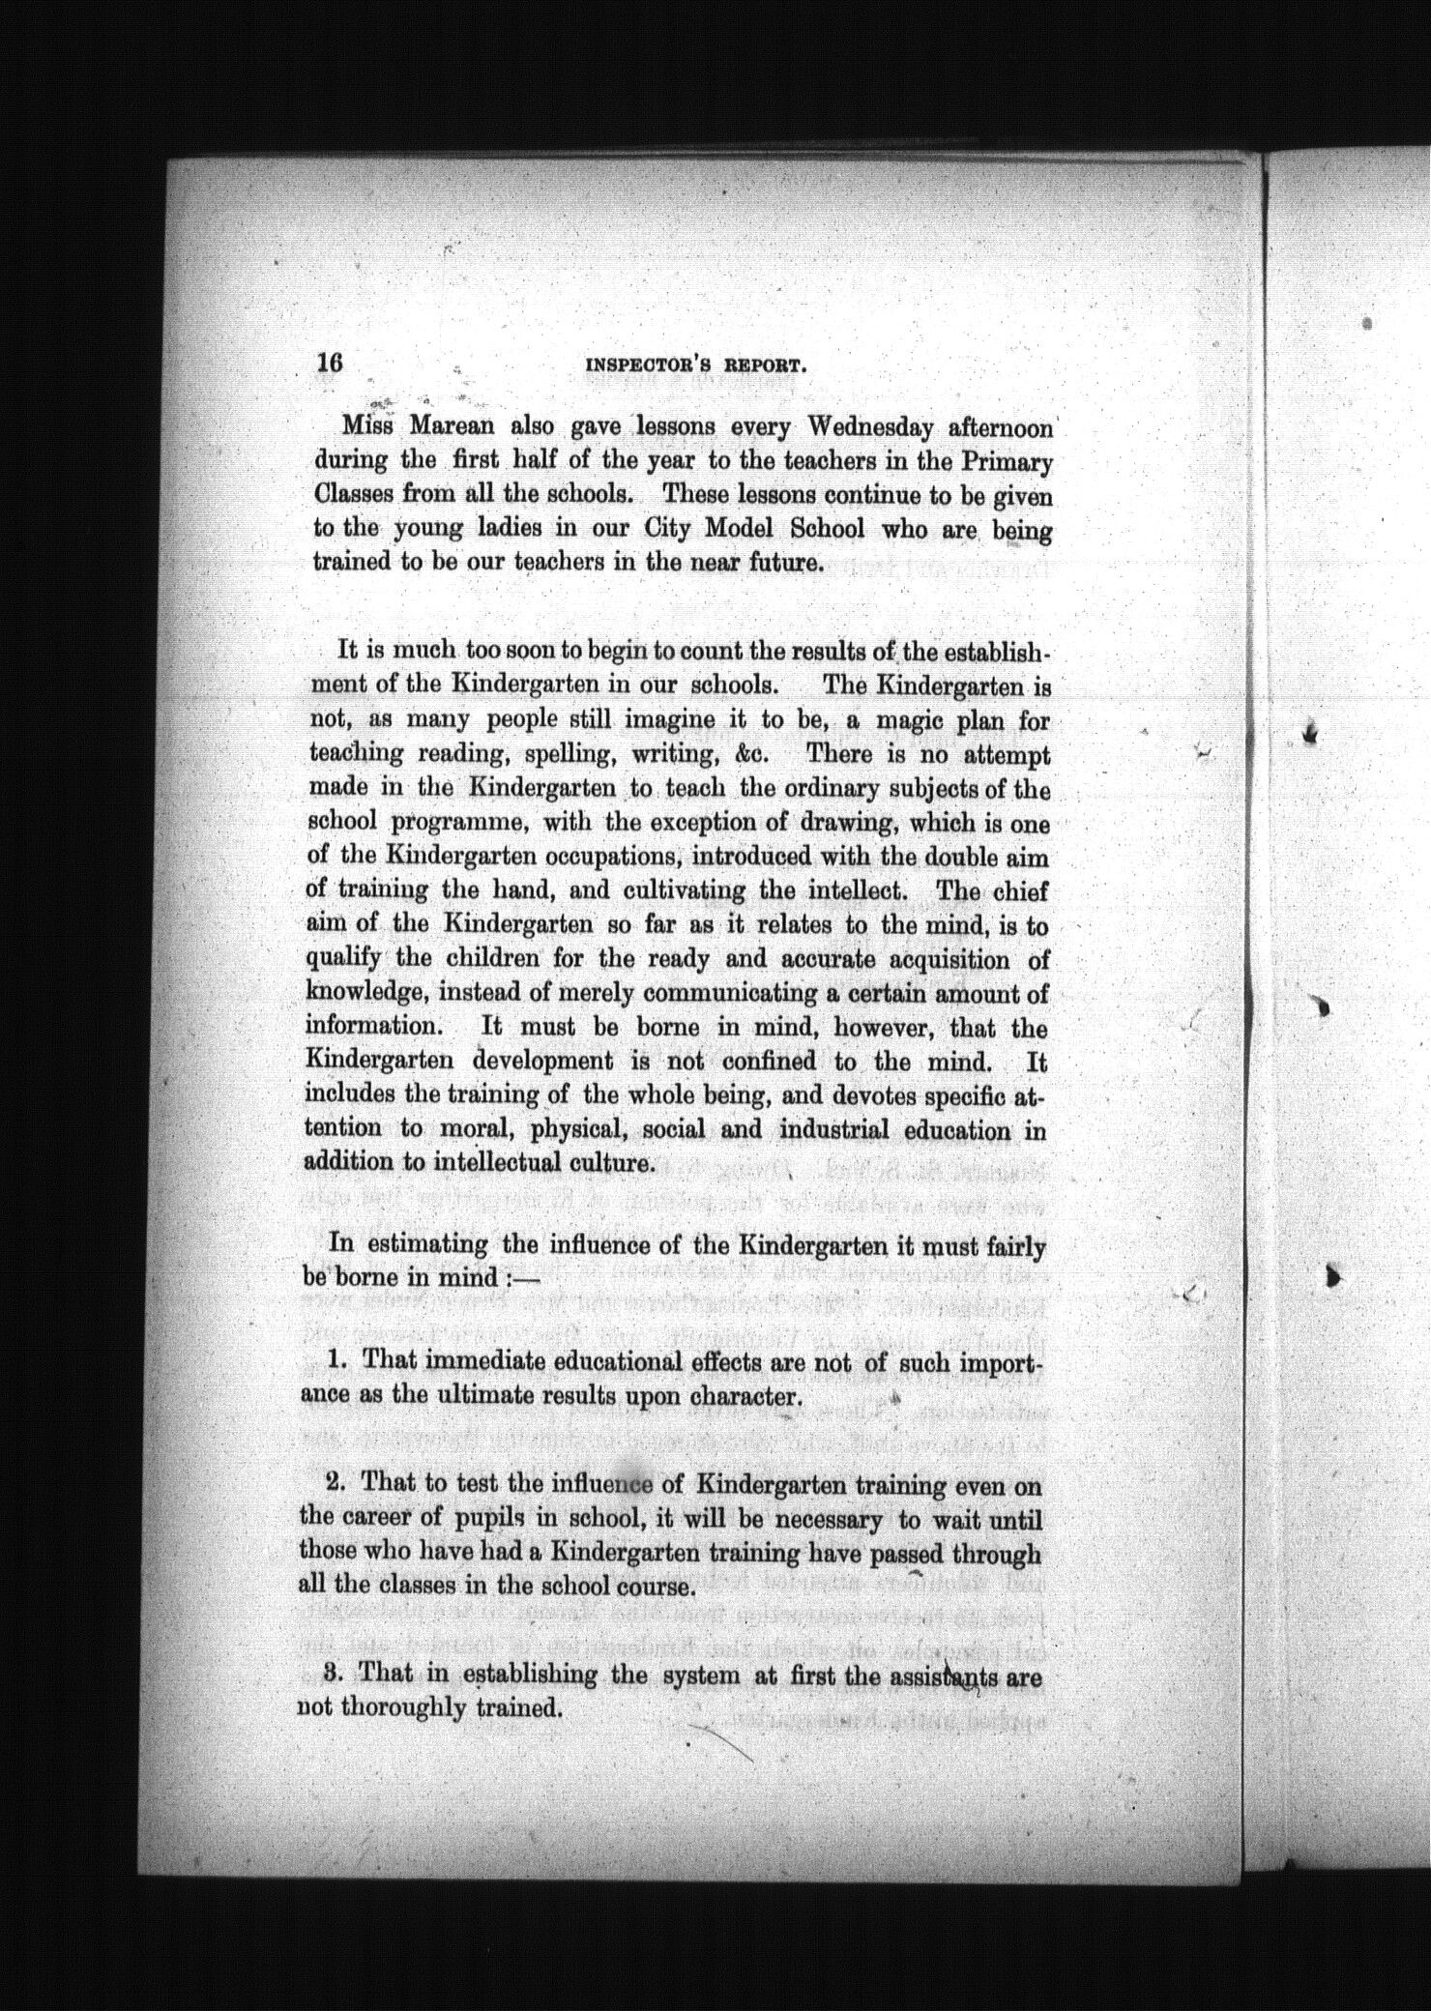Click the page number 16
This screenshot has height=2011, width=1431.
point(329,364)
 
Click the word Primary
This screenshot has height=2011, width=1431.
point(1007,462)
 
